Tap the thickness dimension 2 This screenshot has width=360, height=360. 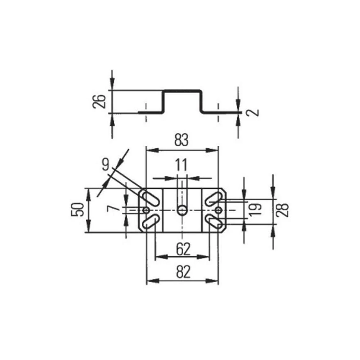(254, 112)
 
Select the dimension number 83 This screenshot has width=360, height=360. (181, 140)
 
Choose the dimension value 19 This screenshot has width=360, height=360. (255, 209)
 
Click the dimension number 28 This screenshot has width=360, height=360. (283, 210)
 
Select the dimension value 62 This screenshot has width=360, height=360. (183, 248)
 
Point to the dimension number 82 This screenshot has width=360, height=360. (183, 273)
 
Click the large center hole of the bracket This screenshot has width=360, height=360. (182, 210)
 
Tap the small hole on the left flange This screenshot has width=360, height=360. (146, 210)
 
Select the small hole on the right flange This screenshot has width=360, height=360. (219, 210)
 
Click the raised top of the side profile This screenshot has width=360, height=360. (182, 90)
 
